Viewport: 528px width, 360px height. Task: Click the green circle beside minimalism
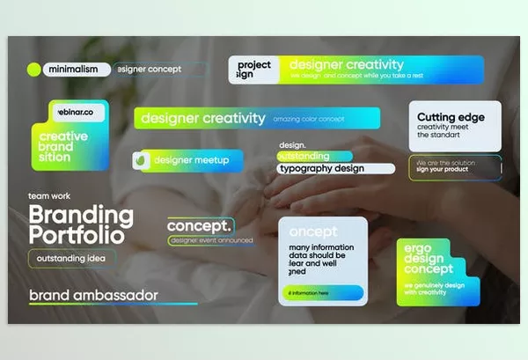[34, 69]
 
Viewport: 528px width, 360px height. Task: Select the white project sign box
[255, 70]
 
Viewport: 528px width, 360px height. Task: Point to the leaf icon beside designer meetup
[142, 161]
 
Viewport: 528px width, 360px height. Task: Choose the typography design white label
[320, 168]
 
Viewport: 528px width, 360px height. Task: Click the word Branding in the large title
[81, 214]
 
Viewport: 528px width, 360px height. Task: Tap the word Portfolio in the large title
[76, 235]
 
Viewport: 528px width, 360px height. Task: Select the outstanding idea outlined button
[71, 258]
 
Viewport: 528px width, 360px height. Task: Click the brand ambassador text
[93, 295]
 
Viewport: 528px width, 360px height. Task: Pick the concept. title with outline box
[200, 225]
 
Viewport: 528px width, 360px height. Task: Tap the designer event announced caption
[211, 239]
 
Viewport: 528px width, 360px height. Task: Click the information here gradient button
[321, 293]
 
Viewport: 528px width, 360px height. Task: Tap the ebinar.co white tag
[78, 113]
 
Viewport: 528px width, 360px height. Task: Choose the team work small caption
[49, 196]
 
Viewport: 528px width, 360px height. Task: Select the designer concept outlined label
[160, 69]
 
